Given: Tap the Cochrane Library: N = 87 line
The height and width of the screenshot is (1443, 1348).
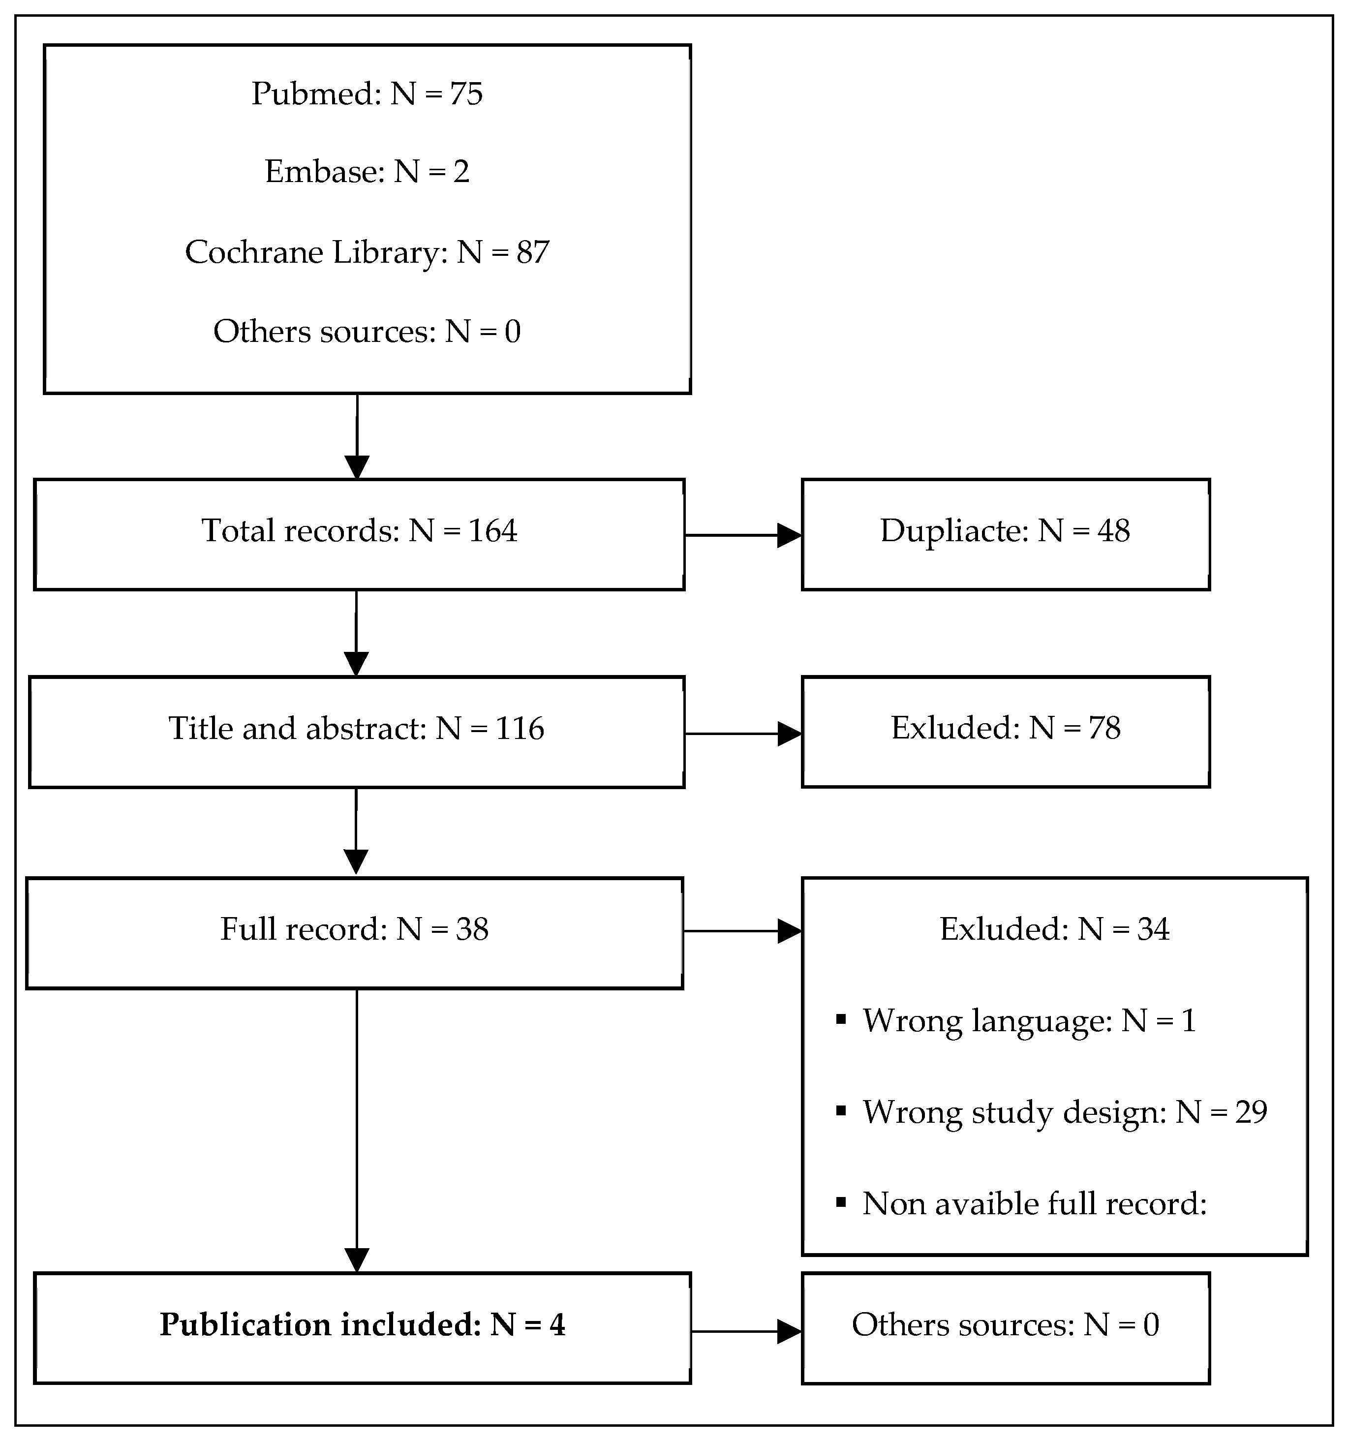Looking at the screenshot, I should pos(367,252).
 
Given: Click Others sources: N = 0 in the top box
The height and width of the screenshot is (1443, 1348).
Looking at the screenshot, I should pos(367,332).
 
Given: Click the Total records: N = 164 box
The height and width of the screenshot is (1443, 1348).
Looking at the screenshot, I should pos(359,534).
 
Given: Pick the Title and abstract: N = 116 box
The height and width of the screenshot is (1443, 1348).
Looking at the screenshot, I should pos(356,732).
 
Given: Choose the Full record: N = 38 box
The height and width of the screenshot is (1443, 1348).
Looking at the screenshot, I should pos(354,933).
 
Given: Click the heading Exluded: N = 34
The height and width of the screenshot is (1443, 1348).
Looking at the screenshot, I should pos(1054,929).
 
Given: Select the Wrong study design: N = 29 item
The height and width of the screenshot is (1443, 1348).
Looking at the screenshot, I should pos(1064,1112).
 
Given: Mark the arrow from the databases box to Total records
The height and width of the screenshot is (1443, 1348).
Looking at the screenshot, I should pos(356,435).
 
